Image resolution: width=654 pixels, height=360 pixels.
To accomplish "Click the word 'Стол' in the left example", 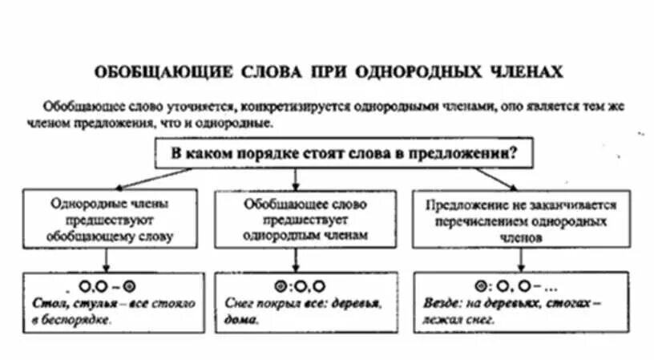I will pos(47,304).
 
